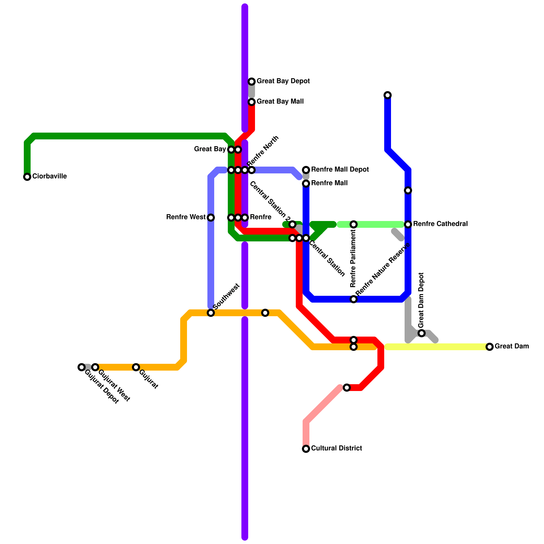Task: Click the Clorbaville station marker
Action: pyautogui.click(x=27, y=177)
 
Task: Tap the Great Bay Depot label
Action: pyautogui.click(x=283, y=81)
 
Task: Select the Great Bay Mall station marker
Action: pyautogui.click(x=252, y=102)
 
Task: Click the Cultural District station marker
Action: pyautogui.click(x=306, y=449)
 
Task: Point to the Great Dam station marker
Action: pyautogui.click(x=490, y=347)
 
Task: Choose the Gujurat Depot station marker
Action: pyautogui.click(x=82, y=367)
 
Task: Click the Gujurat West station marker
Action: pyautogui.click(x=95, y=367)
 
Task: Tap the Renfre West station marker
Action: pyautogui.click(x=211, y=218)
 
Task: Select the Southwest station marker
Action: pyautogui.click(x=211, y=313)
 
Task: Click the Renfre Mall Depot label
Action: pyautogui.click(x=340, y=170)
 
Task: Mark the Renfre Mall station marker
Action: pyautogui.click(x=306, y=184)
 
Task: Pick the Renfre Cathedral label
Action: pyautogui.click(x=440, y=224)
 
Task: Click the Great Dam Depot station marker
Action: pyautogui.click(x=422, y=333)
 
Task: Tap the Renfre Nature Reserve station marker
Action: pyautogui.click(x=354, y=299)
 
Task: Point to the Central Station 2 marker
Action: pyautogui.click(x=292, y=224)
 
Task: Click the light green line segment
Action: pyautogui.click(x=377, y=224)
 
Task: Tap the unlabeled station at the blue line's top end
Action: pyautogui.click(x=388, y=95)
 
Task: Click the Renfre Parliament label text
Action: pyautogui.click(x=354, y=258)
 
